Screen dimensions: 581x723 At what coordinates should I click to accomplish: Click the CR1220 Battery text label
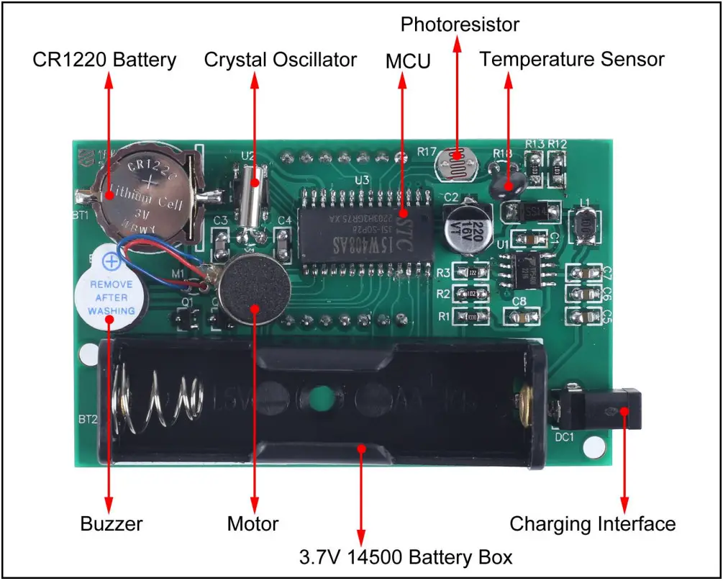pos(104,60)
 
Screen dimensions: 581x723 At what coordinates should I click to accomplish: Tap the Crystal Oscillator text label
pos(280,60)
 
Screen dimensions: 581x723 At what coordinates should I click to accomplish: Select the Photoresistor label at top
pos(460,24)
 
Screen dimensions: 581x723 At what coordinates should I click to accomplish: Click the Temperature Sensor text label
pos(572,60)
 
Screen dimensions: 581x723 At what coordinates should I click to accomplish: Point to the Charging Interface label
pos(593,524)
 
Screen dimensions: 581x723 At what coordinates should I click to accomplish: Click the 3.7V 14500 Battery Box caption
pos(406,557)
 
